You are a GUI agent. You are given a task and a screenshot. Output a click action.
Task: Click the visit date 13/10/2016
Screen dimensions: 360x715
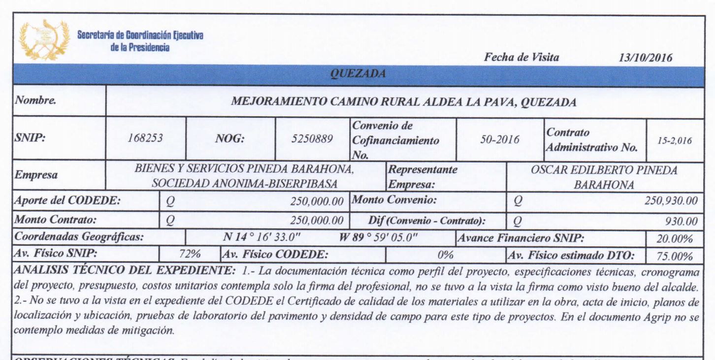click(648, 58)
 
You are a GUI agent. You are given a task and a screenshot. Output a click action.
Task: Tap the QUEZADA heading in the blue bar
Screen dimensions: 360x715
click(357, 74)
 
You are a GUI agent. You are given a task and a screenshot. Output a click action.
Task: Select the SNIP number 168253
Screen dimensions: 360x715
click(145, 139)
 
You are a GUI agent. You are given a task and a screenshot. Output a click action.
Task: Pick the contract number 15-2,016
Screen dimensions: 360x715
click(674, 140)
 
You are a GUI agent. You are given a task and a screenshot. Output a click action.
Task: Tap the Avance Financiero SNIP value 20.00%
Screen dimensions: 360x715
click(675, 239)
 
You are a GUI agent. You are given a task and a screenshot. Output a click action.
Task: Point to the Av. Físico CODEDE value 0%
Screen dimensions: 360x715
click(445, 256)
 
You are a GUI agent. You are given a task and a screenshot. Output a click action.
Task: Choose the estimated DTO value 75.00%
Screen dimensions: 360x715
click(675, 256)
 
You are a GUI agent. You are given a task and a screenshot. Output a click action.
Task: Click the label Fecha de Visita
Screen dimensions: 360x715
click(521, 57)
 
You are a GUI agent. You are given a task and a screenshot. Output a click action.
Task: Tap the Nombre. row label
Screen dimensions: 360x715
click(35, 101)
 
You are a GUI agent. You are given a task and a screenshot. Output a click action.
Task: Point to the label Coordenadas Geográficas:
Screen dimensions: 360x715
click(79, 237)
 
